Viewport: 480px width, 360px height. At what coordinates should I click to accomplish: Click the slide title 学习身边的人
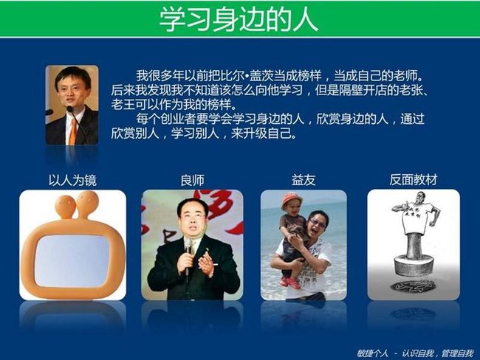click(239, 19)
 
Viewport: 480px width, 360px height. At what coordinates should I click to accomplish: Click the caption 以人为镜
click(72, 180)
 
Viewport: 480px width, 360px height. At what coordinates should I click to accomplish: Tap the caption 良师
click(192, 180)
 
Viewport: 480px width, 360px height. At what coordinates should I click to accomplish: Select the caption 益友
click(304, 180)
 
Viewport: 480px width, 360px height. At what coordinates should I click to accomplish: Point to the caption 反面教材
click(414, 179)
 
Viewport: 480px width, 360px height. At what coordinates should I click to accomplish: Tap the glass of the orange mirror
click(72, 260)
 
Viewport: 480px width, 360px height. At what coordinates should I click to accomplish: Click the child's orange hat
click(292, 200)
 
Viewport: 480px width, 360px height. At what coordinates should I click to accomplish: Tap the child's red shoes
click(290, 283)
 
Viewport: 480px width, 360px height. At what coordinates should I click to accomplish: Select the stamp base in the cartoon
click(414, 266)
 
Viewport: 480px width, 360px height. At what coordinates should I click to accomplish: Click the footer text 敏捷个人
click(372, 353)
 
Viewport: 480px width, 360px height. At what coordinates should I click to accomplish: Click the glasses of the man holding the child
click(317, 224)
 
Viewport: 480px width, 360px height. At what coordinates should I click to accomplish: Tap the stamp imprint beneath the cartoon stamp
click(413, 286)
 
